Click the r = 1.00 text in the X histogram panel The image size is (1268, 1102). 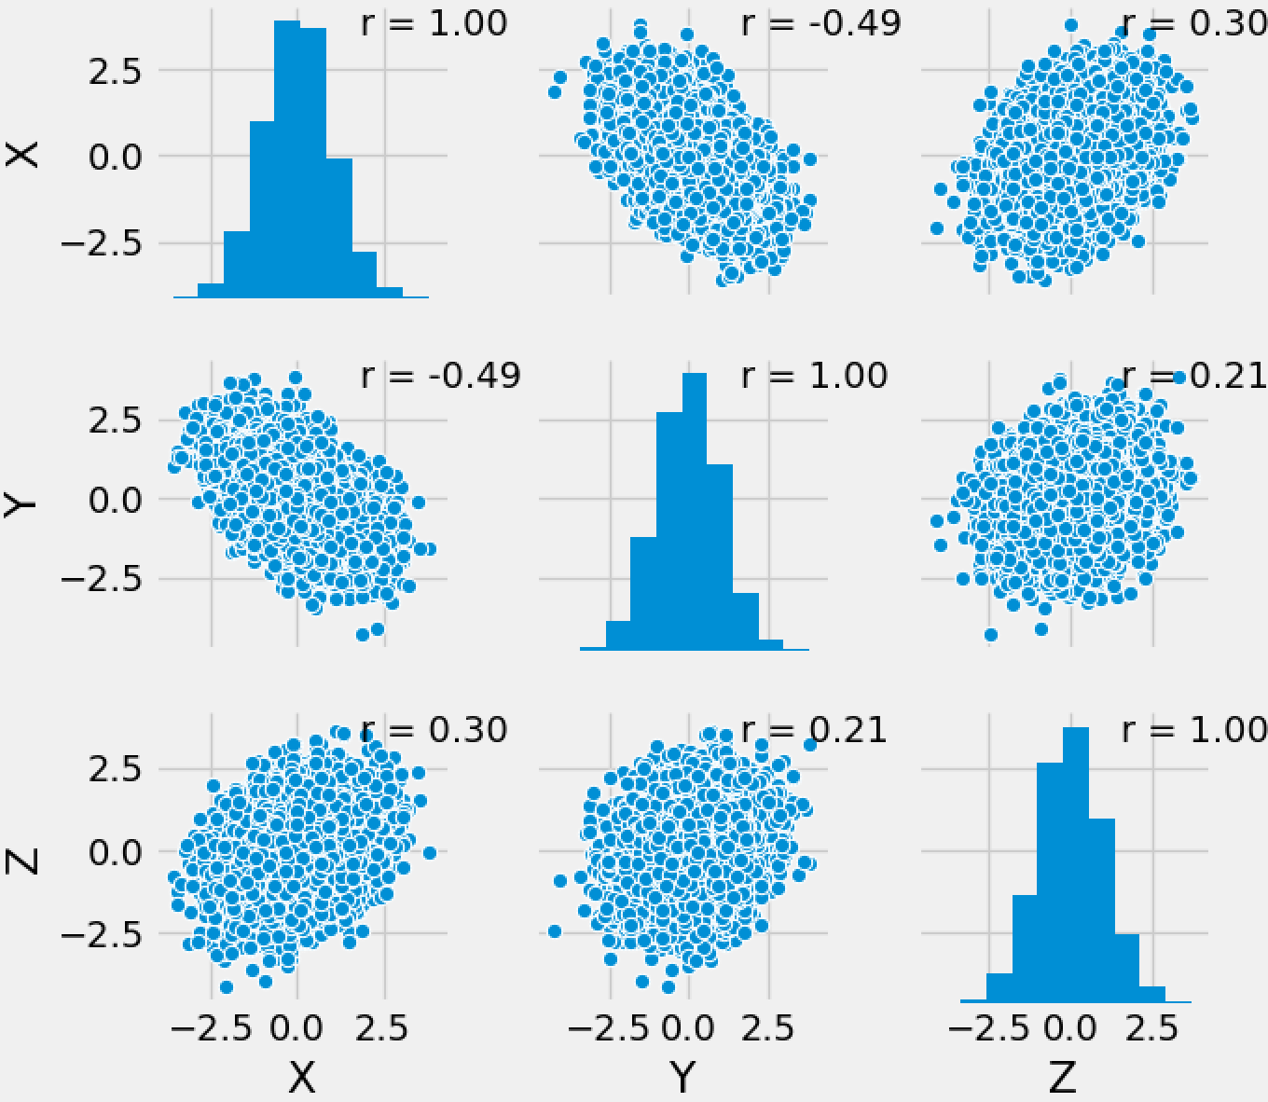(434, 23)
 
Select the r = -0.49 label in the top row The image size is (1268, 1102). (820, 23)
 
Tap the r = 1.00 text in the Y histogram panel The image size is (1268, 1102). (814, 376)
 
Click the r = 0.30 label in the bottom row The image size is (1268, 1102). (434, 729)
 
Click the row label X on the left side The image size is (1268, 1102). (22, 154)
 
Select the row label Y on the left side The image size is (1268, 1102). (22, 504)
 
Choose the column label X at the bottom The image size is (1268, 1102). (301, 1078)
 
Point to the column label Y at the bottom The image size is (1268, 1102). (683, 1078)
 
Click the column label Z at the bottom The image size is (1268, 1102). (1063, 1078)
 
